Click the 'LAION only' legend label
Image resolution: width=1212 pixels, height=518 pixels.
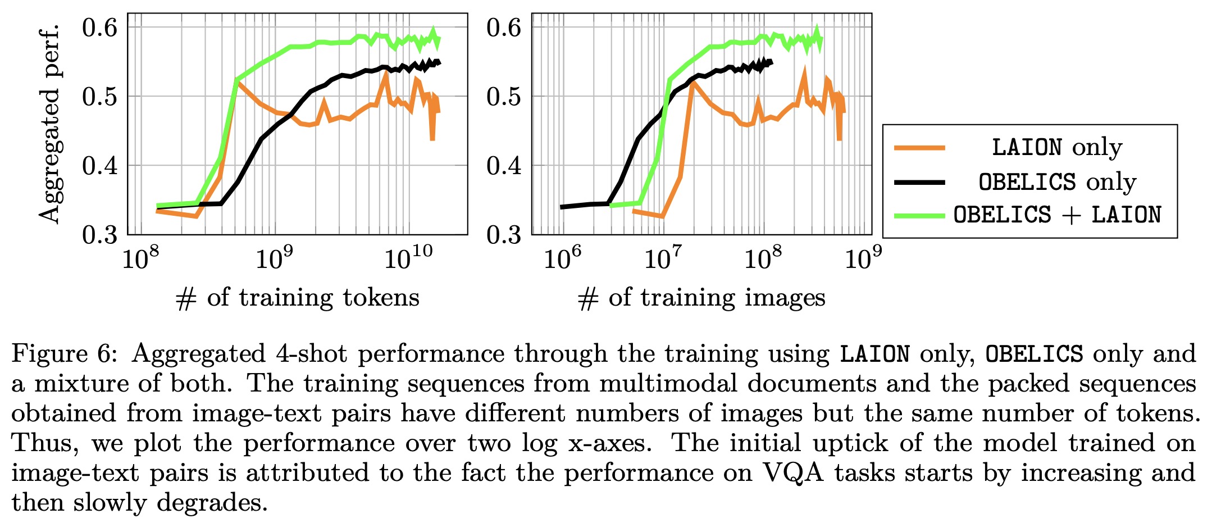[x=1056, y=147]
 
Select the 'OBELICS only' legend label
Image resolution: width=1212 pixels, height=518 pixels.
[x=1056, y=181]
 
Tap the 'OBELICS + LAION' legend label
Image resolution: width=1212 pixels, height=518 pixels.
[x=1056, y=215]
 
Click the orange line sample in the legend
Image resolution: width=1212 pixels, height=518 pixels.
[x=919, y=148]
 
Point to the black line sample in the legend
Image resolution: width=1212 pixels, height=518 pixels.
[x=919, y=182]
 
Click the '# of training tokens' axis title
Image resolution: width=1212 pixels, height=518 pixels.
[x=298, y=297]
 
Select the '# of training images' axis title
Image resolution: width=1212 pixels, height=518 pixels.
[x=701, y=297]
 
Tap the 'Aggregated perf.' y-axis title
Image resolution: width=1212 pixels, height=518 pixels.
[x=49, y=124]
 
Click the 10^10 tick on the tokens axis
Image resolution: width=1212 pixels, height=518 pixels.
[x=408, y=259]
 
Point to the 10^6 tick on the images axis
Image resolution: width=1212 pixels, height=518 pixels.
[x=562, y=259]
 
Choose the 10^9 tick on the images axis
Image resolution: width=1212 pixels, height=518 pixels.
[x=863, y=259]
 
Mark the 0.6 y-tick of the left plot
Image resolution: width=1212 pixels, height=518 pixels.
[x=100, y=28]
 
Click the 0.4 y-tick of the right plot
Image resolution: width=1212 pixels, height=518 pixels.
[x=504, y=165]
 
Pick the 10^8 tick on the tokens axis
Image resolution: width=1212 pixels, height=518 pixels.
[x=141, y=259]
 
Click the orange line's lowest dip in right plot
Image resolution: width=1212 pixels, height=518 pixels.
[x=839, y=139]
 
